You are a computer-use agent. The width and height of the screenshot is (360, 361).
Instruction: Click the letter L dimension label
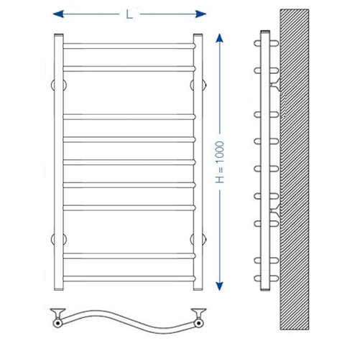click(129, 14)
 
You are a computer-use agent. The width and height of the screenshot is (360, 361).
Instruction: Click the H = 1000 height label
click(220, 162)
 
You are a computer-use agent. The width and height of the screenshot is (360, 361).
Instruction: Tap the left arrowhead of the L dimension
click(58, 14)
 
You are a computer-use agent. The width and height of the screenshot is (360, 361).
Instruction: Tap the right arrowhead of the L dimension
click(200, 14)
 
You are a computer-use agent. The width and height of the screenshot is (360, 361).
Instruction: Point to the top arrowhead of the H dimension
click(219, 38)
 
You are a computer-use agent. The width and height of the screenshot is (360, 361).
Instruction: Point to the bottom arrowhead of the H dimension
click(219, 286)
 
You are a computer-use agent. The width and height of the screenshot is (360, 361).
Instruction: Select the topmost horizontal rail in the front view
click(129, 46)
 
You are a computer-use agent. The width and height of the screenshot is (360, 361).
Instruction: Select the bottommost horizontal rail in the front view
click(129, 278)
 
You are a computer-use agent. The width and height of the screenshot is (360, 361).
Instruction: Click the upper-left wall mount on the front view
click(59, 85)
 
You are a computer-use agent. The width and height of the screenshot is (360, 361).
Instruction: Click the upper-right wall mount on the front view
click(198, 85)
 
